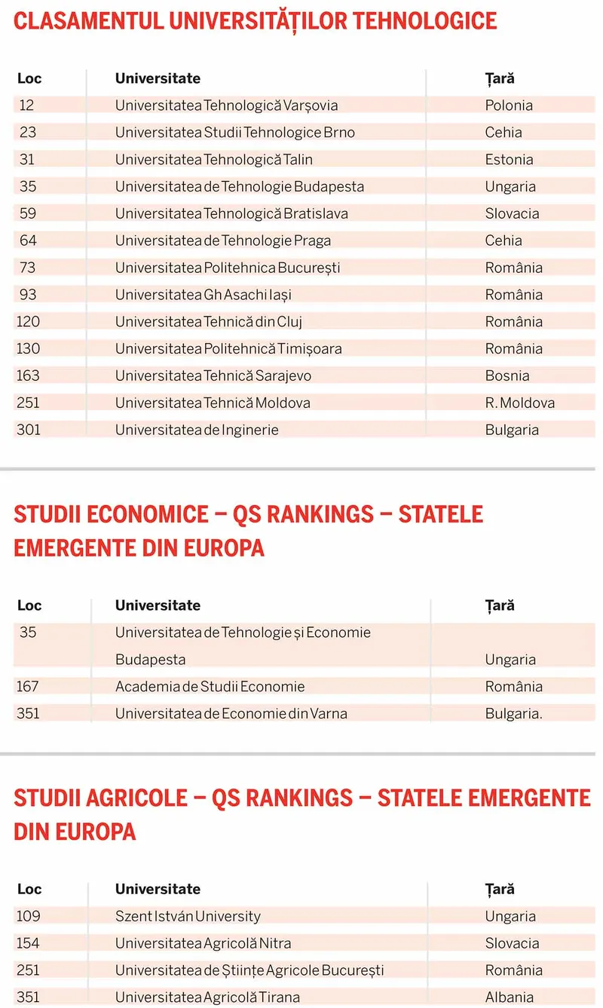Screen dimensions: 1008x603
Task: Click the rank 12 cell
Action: click(x=26, y=106)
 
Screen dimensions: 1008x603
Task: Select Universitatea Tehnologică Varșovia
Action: click(x=226, y=106)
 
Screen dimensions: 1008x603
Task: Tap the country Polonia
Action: click(x=509, y=106)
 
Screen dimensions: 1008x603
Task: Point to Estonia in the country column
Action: click(x=509, y=160)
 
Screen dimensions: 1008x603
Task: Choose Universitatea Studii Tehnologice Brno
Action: click(x=234, y=133)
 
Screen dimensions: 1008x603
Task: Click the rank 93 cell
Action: click(x=26, y=295)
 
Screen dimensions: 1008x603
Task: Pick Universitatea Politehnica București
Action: click(x=228, y=268)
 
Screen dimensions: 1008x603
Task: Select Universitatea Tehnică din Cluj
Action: click(x=208, y=322)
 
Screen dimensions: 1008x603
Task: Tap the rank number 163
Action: click(x=28, y=375)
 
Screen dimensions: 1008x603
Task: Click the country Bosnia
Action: click(x=507, y=375)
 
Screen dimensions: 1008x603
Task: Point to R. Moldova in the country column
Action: click(x=519, y=403)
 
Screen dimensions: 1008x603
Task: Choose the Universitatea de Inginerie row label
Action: click(x=197, y=430)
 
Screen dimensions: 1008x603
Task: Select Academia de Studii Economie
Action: click(x=210, y=687)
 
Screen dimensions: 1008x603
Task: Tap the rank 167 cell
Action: click(x=28, y=687)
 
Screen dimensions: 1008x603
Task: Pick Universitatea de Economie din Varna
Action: click(x=231, y=713)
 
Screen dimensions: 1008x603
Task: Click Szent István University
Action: click(x=188, y=917)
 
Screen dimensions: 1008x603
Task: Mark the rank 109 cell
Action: click(x=28, y=917)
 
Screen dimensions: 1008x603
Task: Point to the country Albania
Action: click(x=510, y=997)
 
